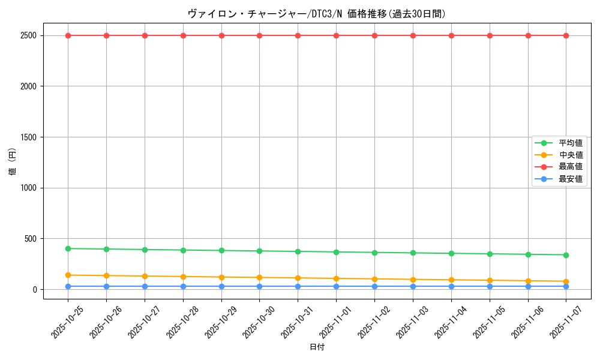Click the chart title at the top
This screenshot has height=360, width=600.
(317, 14)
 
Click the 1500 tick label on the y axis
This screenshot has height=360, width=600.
(28, 137)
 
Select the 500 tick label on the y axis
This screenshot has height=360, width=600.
(30, 239)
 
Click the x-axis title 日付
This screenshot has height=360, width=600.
(317, 347)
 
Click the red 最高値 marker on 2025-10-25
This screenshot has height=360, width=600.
(68, 35)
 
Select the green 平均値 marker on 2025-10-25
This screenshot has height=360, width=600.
(68, 248)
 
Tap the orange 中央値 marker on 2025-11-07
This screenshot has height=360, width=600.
(566, 281)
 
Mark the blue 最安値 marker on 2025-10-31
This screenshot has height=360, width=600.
(298, 286)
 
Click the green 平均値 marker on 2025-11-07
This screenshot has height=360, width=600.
(566, 255)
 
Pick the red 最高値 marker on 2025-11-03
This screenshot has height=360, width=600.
(413, 35)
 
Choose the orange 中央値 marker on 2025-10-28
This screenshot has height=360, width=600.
(183, 277)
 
